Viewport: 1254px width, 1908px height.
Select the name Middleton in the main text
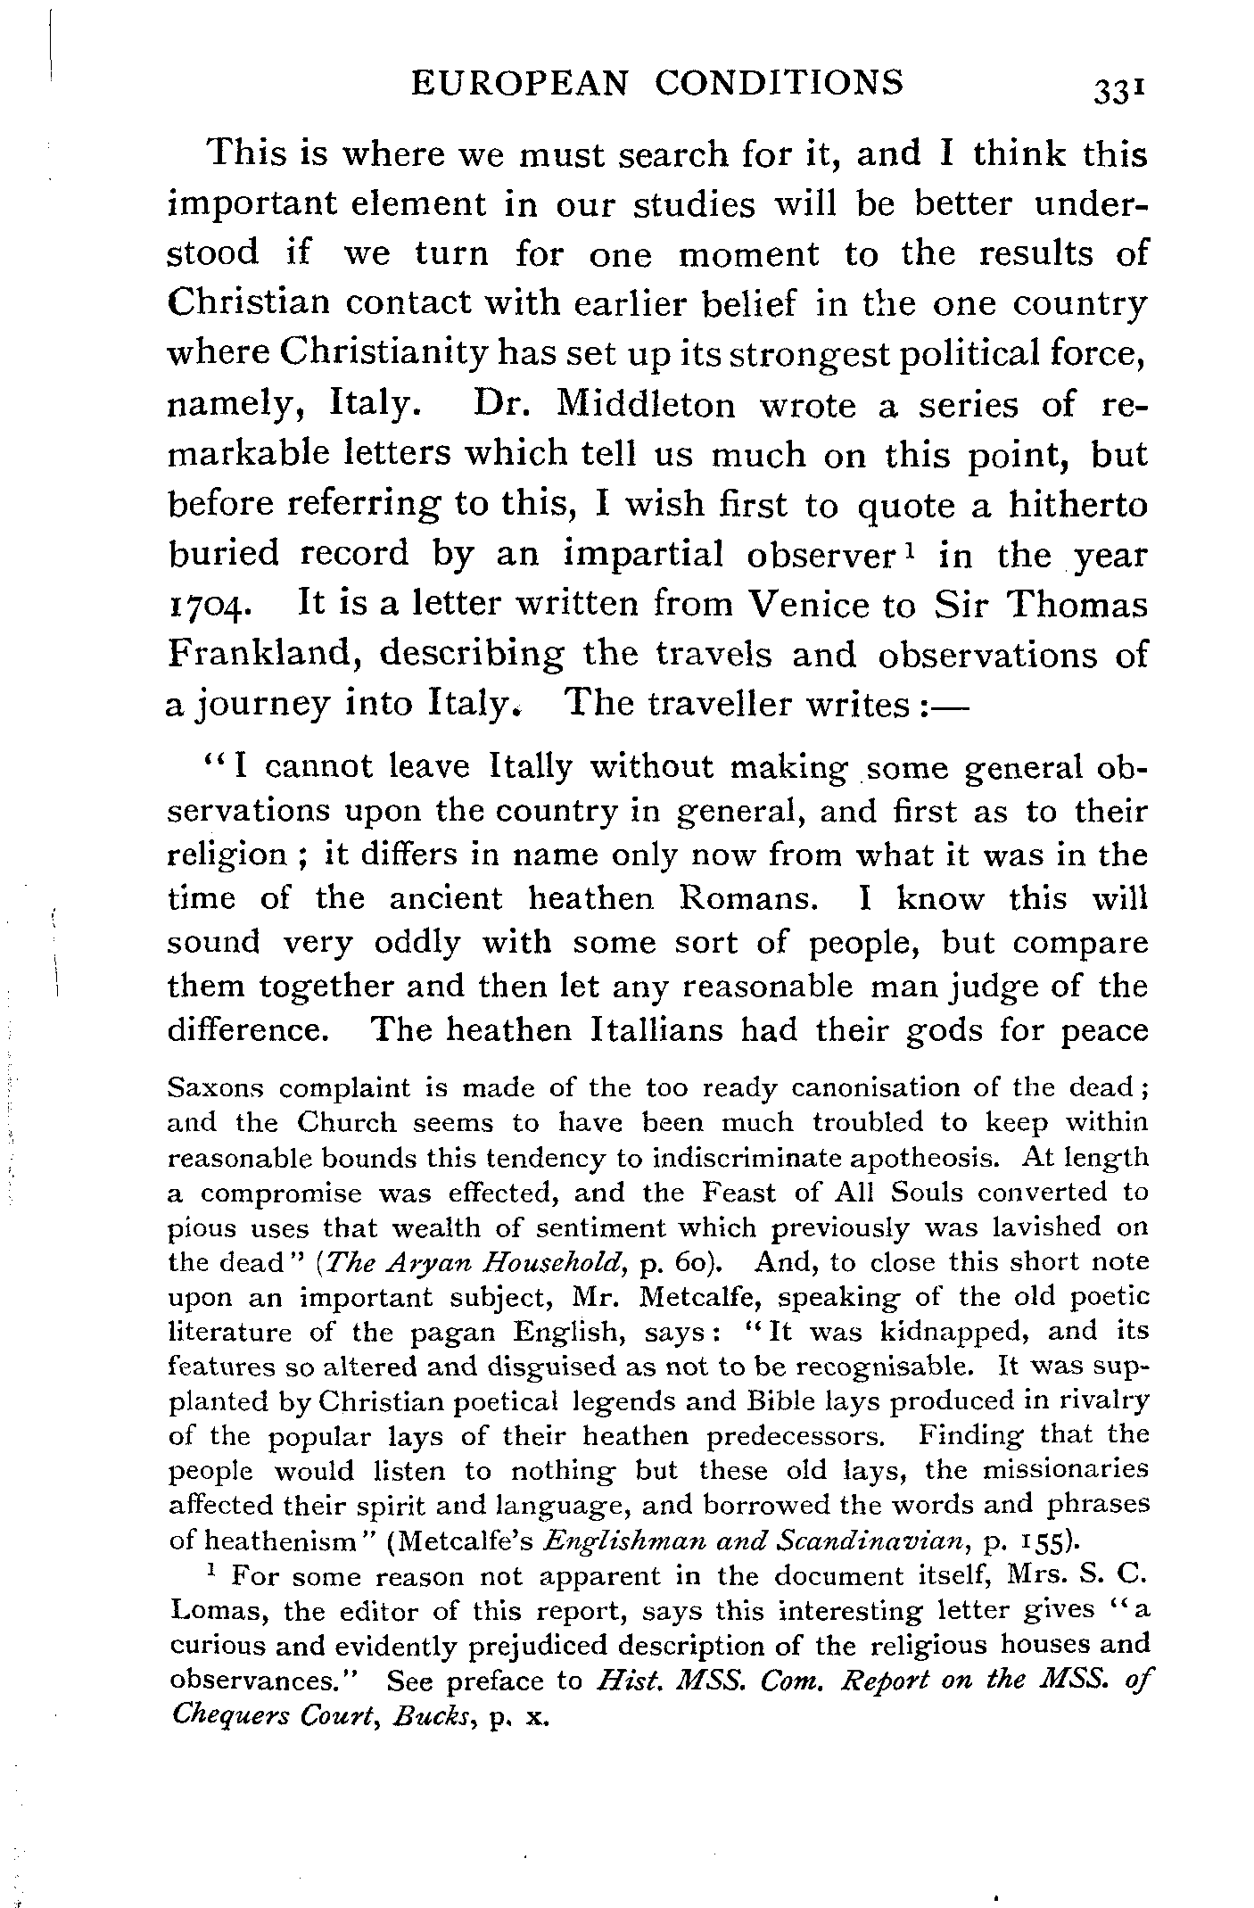click(x=646, y=405)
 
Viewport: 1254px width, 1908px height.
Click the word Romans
click(x=747, y=898)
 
